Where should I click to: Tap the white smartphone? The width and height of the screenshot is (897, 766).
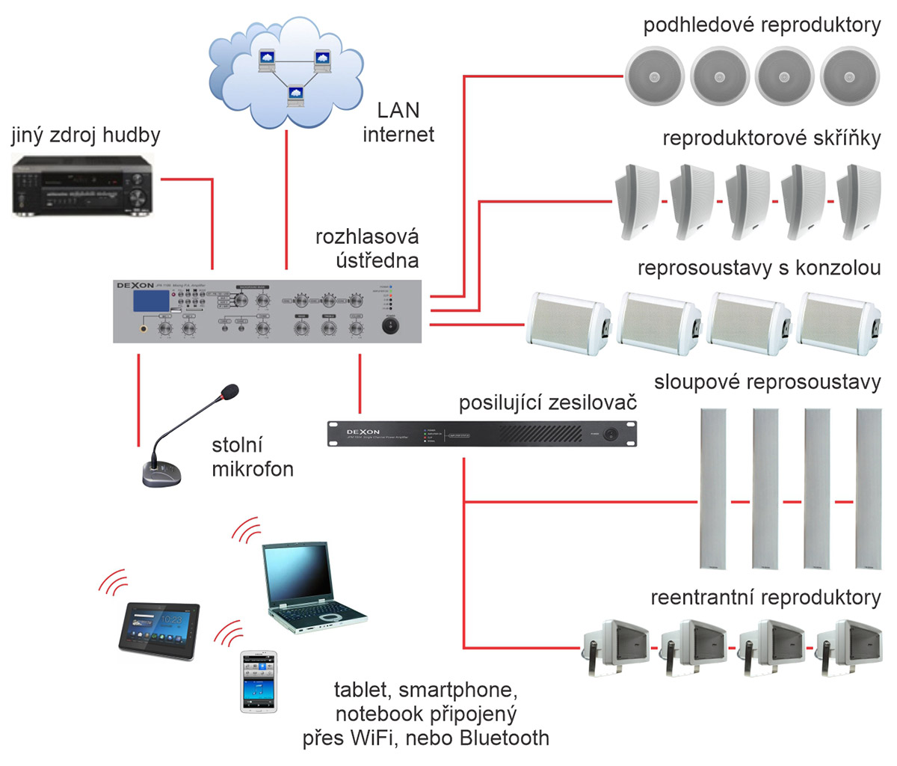259,681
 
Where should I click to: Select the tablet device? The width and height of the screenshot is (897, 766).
159,625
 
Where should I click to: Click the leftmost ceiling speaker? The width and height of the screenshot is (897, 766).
655,76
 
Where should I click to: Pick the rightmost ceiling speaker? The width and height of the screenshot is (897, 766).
849,76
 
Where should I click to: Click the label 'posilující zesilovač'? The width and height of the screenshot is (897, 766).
547,403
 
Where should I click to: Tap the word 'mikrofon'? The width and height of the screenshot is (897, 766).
253,469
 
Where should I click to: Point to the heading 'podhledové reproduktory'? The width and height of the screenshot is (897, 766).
762,25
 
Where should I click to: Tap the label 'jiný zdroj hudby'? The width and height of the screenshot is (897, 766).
85,135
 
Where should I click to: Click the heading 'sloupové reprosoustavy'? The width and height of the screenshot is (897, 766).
767,382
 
